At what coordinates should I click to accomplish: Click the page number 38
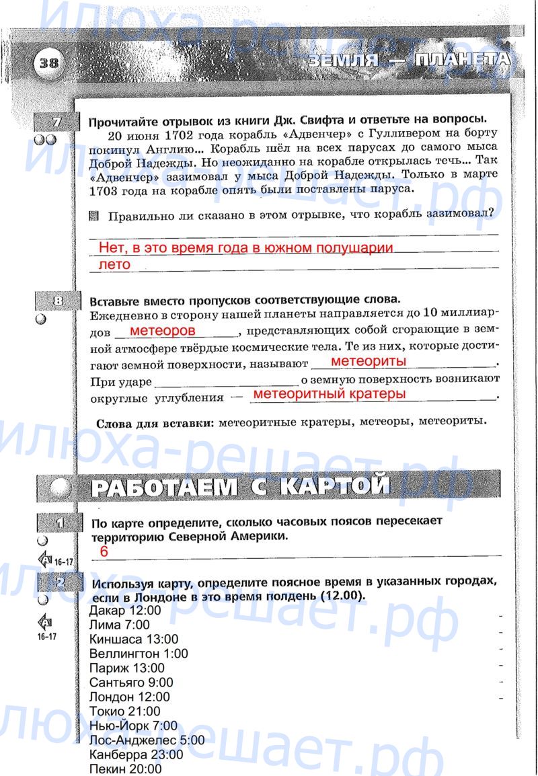[48, 63]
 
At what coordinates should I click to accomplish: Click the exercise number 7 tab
[56, 122]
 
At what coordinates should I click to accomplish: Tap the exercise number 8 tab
[56, 301]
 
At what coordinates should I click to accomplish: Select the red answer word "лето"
[114, 265]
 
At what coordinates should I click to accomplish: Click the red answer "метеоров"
[162, 331]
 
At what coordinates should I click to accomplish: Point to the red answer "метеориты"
[369, 362]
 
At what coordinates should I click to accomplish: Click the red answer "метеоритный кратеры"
[330, 393]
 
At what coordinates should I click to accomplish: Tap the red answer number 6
[104, 551]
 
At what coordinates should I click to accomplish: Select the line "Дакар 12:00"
[125, 611]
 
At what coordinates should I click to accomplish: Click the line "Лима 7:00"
[119, 625]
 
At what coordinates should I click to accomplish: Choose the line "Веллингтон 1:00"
[139, 654]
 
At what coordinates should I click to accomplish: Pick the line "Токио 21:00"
[125, 711]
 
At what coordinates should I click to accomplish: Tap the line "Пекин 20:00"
[125, 769]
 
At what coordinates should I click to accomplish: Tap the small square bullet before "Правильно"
[93, 216]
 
